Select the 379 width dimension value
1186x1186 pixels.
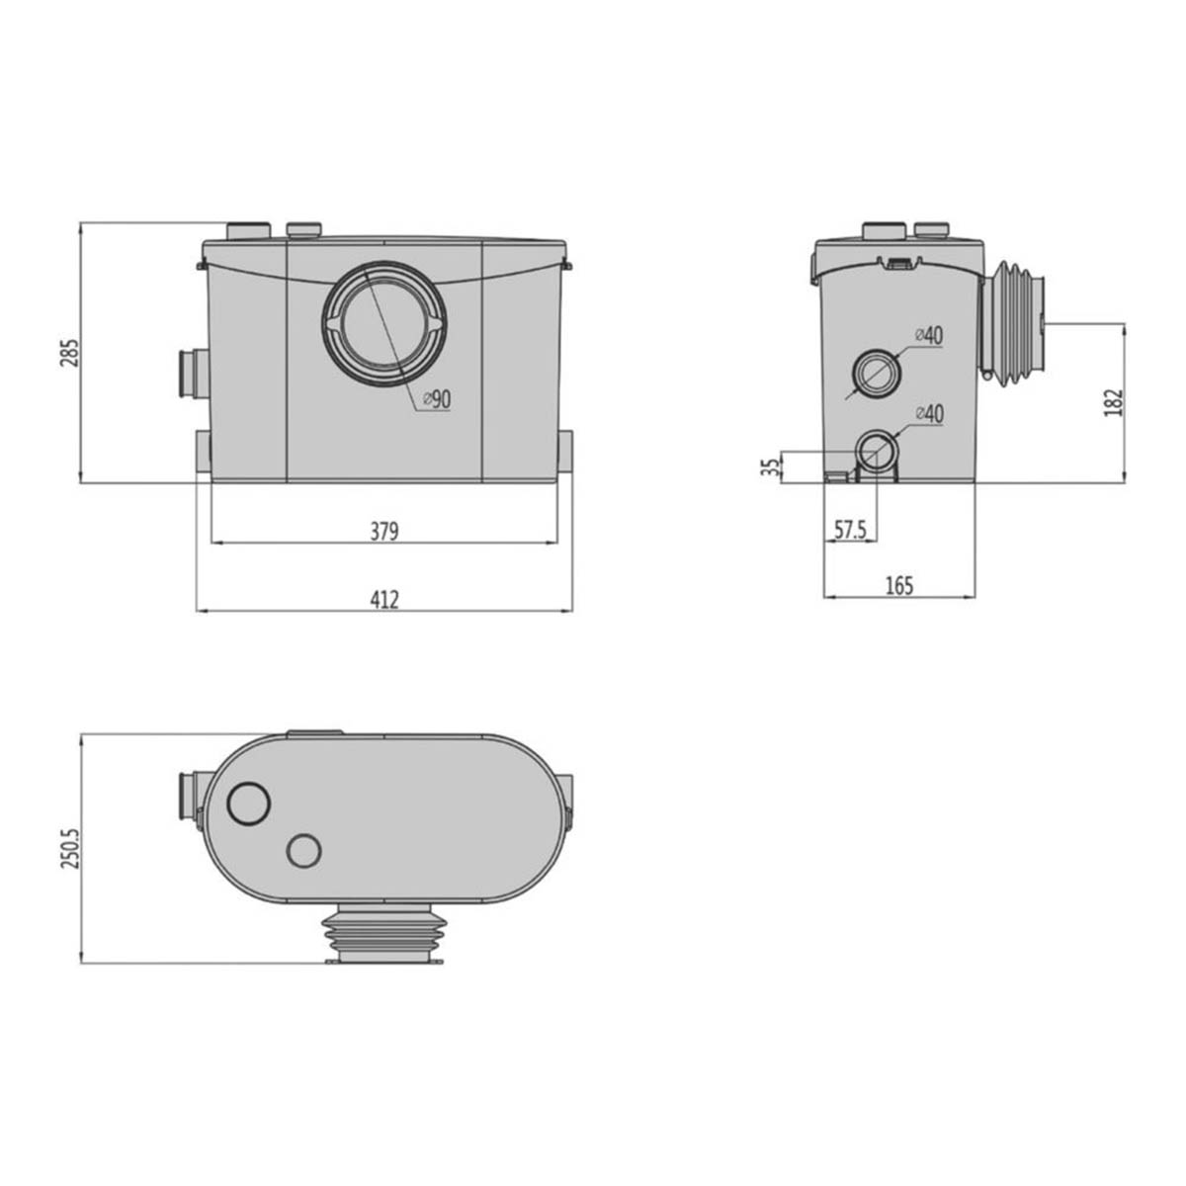click(x=383, y=532)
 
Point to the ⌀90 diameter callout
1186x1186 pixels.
click(x=436, y=399)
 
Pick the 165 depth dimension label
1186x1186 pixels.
click(x=898, y=586)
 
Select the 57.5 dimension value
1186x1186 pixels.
click(x=849, y=531)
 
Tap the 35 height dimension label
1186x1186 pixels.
click(x=771, y=466)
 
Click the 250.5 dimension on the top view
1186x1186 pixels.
click(x=67, y=848)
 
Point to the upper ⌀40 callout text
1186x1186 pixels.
click(x=929, y=335)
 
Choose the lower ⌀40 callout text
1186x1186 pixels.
click(x=929, y=414)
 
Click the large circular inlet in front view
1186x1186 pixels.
click(x=383, y=324)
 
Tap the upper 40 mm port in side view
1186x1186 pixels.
click(x=875, y=374)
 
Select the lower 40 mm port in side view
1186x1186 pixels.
click(x=875, y=453)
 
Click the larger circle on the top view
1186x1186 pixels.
click(x=248, y=804)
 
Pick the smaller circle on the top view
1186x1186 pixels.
click(x=304, y=849)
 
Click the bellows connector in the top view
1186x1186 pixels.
click(x=381, y=934)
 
